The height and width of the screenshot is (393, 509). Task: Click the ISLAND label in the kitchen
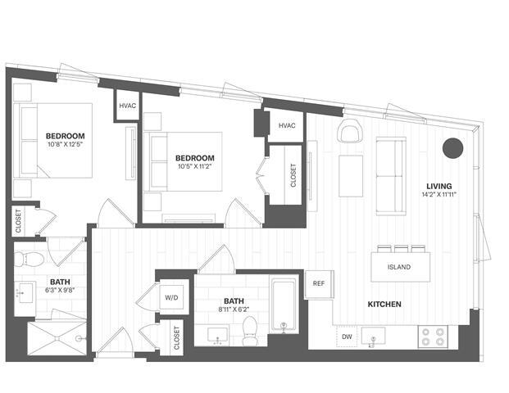coord(400,267)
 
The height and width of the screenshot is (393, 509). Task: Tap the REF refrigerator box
coord(320,283)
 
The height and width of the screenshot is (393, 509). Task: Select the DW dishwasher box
coord(346,337)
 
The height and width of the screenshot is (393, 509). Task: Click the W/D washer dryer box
coord(172,297)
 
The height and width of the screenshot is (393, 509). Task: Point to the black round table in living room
coord(452,147)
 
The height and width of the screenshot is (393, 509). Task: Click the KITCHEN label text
coord(384,305)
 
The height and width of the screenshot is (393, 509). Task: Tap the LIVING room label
coord(439,185)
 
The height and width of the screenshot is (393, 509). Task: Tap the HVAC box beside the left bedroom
coord(128,106)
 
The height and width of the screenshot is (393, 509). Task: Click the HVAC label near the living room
coord(286,125)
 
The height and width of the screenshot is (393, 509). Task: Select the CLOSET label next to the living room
coord(293,174)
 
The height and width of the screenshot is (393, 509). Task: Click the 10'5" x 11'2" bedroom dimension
coord(195,168)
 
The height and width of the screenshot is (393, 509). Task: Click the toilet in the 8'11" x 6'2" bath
coord(252,328)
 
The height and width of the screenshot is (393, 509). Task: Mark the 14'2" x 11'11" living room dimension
coord(439,195)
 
